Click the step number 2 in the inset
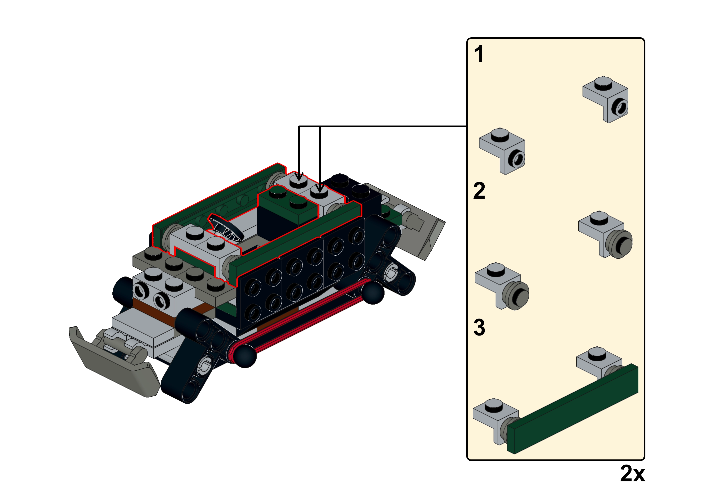tap(479, 191)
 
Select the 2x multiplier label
tap(633, 473)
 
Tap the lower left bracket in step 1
tap(502, 151)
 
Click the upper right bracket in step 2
tap(605, 234)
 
